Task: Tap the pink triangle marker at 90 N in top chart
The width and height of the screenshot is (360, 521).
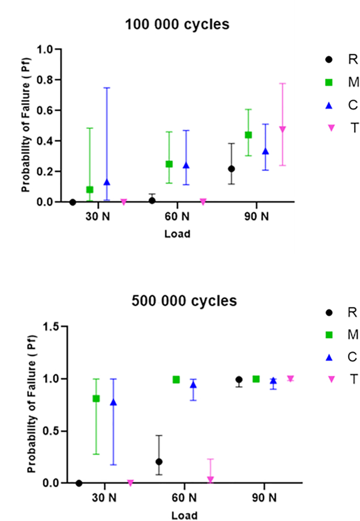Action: pos(282,129)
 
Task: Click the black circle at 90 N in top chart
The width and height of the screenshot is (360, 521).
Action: pos(232,168)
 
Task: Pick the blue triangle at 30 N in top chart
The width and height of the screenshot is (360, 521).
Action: pos(107,182)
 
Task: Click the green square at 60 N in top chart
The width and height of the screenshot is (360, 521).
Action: pos(169,164)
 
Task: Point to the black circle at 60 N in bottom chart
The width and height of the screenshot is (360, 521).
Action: pos(159,462)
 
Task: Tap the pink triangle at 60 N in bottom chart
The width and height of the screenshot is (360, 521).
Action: pos(210,479)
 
